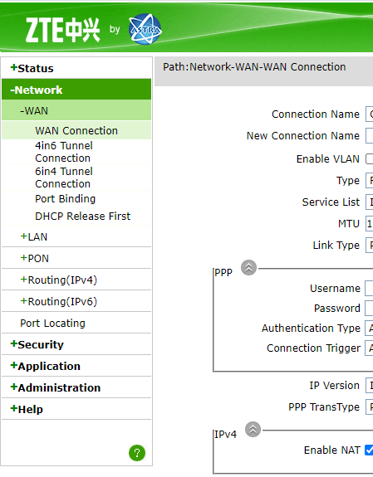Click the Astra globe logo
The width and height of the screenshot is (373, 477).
tap(145, 29)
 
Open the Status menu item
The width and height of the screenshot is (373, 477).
tap(32, 68)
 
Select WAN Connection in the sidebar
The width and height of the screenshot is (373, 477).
tap(76, 130)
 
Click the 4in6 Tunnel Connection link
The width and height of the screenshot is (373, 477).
tap(64, 152)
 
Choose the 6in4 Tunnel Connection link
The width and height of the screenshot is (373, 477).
tap(64, 178)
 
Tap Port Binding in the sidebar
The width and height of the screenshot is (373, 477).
tap(66, 198)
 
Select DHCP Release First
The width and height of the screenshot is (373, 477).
tap(82, 216)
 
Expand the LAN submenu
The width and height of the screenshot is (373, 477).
tap(34, 236)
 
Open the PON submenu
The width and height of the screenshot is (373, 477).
tap(34, 258)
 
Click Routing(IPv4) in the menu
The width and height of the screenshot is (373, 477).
tap(59, 280)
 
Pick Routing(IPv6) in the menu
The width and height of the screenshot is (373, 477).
tap(59, 301)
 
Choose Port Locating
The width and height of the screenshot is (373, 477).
tap(52, 323)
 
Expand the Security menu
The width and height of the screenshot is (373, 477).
tap(37, 344)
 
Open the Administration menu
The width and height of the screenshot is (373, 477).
tap(56, 387)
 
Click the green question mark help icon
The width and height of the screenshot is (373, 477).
tap(137, 453)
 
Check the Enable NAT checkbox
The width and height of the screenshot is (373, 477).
tap(369, 450)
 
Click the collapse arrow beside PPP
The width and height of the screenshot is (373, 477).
tap(248, 268)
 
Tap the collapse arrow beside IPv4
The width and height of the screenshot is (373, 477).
tap(253, 429)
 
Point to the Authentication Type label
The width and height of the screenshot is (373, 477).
tap(311, 328)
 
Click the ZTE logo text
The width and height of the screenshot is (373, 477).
tap(63, 30)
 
